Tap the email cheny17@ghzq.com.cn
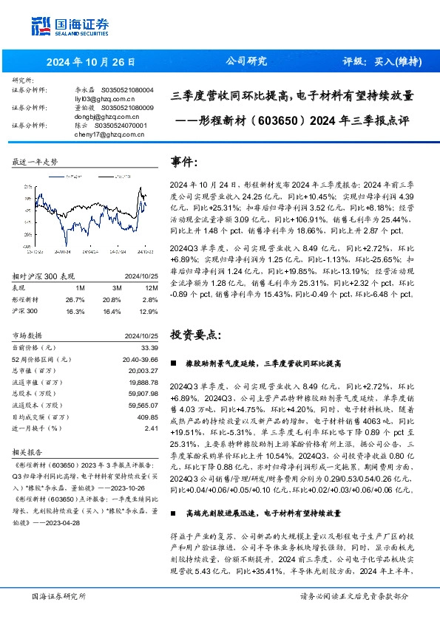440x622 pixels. pyautogui.click(x=109, y=134)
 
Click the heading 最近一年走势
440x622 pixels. pyautogui.click(x=35, y=160)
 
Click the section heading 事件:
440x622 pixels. pyautogui.click(x=186, y=160)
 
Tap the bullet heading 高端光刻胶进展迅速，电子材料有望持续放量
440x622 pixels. pyautogui.click(x=263, y=511)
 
